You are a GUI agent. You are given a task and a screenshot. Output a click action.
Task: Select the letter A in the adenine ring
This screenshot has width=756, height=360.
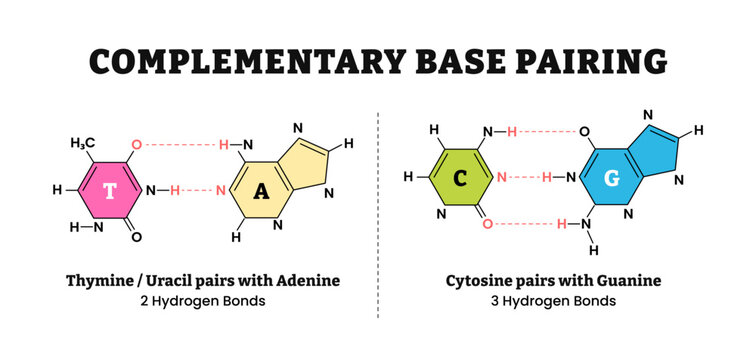click(x=261, y=192)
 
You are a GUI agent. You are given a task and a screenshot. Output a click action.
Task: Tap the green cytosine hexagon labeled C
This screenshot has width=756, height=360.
click(x=458, y=177)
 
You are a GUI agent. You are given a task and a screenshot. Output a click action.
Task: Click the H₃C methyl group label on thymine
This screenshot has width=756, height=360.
click(x=84, y=144)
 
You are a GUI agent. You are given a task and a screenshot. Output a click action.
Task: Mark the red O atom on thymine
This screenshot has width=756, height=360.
click(x=138, y=144)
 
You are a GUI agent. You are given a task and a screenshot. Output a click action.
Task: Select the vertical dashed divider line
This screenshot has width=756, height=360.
click(x=378, y=215)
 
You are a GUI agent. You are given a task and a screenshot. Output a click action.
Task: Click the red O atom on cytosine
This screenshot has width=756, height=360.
click(x=487, y=225)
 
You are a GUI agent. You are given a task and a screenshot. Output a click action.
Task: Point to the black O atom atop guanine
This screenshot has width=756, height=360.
click(x=583, y=131)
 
